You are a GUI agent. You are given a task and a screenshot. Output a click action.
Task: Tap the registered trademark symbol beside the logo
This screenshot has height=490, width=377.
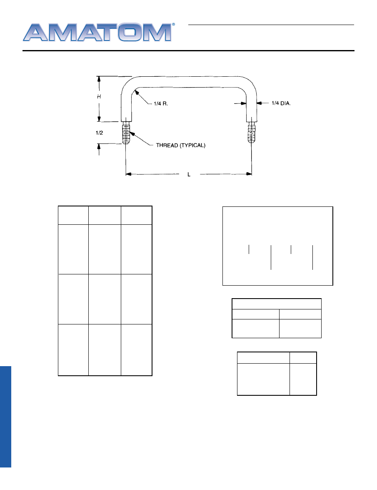[174, 24]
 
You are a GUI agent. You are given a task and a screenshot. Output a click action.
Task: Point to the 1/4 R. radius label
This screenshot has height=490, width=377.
[161, 103]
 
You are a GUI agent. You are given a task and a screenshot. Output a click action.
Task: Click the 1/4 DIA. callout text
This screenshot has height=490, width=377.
[281, 103]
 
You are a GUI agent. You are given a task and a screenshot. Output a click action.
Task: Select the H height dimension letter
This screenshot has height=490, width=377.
[99, 97]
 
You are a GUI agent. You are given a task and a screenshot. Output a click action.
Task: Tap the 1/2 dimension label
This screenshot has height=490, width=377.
[99, 133]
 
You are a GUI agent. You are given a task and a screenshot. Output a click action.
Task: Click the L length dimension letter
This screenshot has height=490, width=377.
[189, 174]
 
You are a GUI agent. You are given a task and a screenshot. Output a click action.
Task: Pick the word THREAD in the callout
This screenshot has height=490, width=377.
[167, 145]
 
